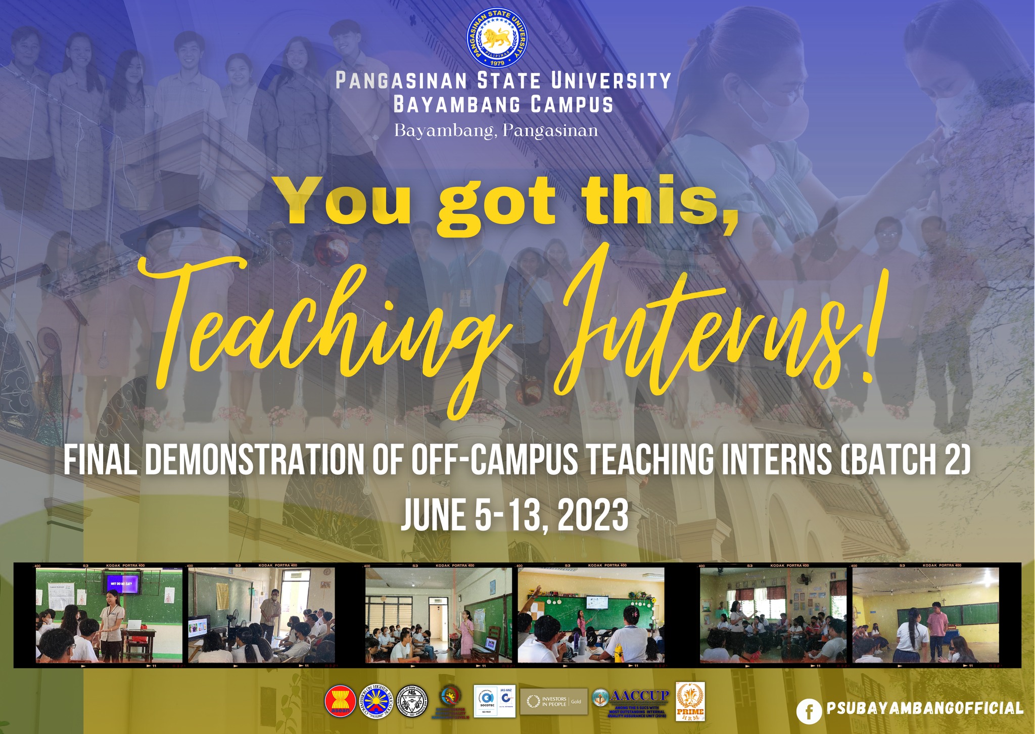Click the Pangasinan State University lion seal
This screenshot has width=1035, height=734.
pyautogui.click(x=497, y=38)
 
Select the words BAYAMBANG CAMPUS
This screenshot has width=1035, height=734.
pyautogui.click(x=503, y=105)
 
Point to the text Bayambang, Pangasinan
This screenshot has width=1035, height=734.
pyautogui.click(x=496, y=131)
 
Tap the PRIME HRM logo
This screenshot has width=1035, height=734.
pyautogui.click(x=690, y=702)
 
